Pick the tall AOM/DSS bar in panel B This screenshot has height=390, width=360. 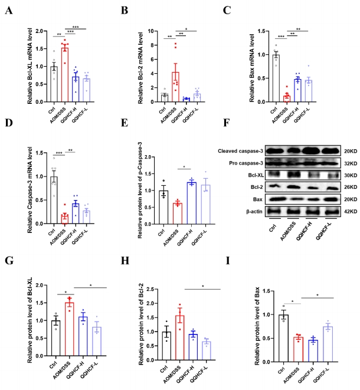point(175,86)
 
